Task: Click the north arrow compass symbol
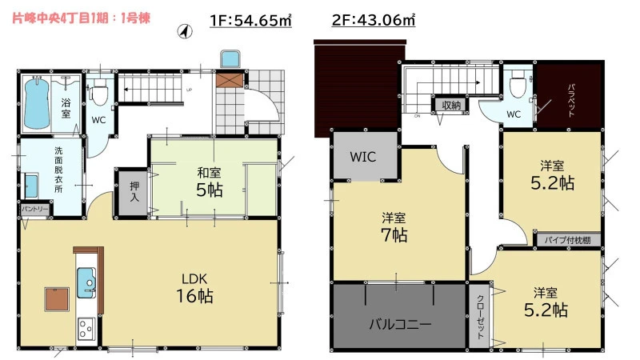pyautogui.click(x=185, y=31)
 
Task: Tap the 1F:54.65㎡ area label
pyautogui.click(x=250, y=20)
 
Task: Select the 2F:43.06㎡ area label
pyautogui.click(x=374, y=19)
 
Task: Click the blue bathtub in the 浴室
pyautogui.click(x=37, y=103)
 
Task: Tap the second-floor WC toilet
pyautogui.click(x=518, y=85)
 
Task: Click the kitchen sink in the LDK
pyautogui.click(x=86, y=283)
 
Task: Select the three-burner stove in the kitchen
pyautogui.click(x=86, y=329)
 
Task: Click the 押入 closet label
pyautogui.click(x=134, y=191)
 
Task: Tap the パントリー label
pyautogui.click(x=35, y=210)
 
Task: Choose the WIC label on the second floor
pyautogui.click(x=363, y=157)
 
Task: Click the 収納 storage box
pyautogui.click(x=451, y=106)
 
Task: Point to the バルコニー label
pyautogui.click(x=401, y=325)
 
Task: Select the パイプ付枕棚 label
pyautogui.click(x=567, y=240)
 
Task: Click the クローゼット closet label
pyautogui.click(x=481, y=317)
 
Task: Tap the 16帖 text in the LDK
pyautogui.click(x=194, y=296)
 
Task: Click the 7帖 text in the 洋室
pyautogui.click(x=394, y=235)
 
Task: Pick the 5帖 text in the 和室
pyautogui.click(x=210, y=190)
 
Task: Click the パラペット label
pyautogui.click(x=571, y=101)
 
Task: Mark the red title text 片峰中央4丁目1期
pyautogui.click(x=62, y=18)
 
